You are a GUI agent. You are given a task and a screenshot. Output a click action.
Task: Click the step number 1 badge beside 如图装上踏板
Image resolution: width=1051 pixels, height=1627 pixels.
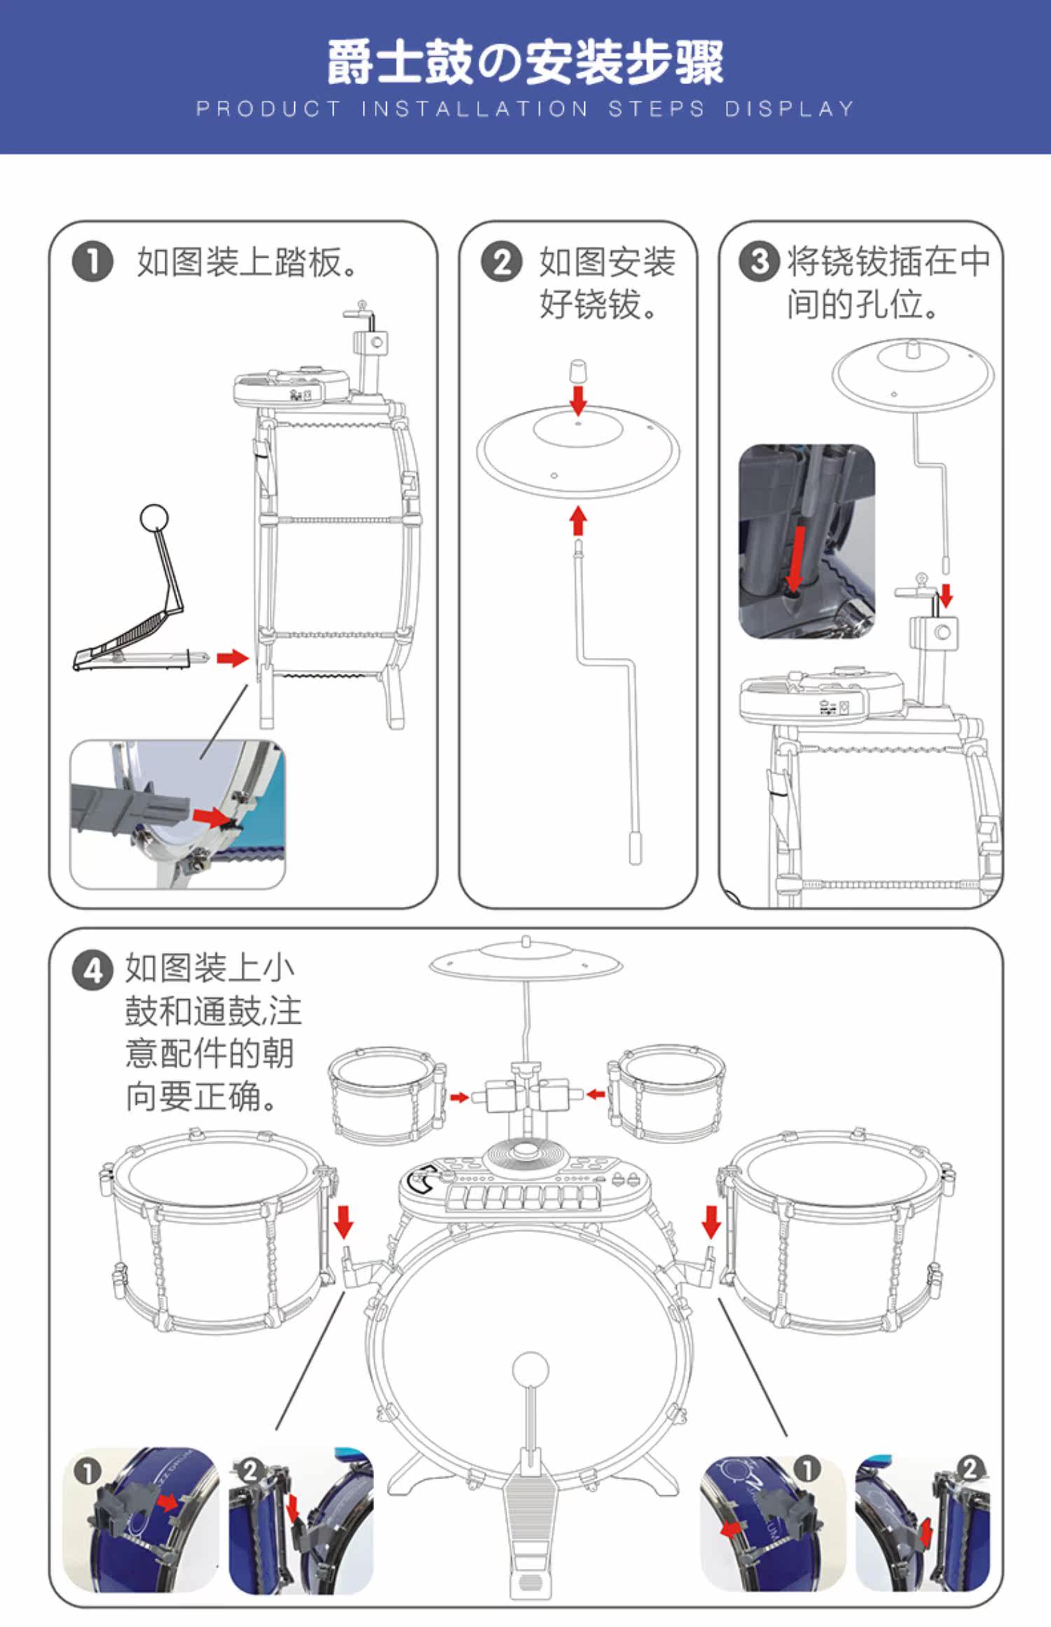92,262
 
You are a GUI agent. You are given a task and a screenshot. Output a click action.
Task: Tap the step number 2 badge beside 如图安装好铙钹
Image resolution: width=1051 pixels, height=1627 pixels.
501,262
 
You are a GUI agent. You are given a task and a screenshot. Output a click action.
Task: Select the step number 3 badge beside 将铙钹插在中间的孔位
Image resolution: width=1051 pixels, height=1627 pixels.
759,262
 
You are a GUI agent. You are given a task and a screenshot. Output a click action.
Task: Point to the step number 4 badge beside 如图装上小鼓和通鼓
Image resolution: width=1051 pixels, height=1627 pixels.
92,971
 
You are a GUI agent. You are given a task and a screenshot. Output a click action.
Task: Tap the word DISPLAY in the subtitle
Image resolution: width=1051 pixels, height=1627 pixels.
789,109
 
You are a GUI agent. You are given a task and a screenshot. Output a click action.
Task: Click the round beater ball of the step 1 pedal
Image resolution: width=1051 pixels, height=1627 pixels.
154,519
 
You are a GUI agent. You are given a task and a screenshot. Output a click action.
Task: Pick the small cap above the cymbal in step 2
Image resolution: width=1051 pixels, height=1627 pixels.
577,371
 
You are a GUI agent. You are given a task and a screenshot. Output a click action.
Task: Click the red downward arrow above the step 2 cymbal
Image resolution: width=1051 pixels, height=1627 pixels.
578,400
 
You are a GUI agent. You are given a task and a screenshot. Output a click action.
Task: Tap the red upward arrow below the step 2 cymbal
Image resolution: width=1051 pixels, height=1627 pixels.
578,521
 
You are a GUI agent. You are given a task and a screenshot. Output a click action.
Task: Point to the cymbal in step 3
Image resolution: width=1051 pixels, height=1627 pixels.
913,375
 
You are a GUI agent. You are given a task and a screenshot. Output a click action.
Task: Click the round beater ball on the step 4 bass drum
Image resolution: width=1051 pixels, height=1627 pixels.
530,1369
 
